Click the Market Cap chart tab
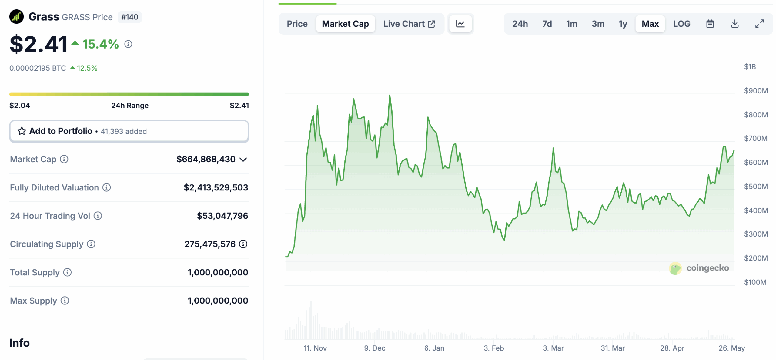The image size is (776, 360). [345, 24]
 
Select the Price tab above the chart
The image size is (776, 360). [297, 24]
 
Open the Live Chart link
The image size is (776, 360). [409, 24]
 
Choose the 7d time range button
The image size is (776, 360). [547, 24]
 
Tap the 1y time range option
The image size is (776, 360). [623, 24]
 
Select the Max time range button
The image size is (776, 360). [650, 24]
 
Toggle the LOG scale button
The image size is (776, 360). [681, 24]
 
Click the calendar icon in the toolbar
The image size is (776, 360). [710, 24]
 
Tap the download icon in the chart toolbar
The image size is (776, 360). [734, 24]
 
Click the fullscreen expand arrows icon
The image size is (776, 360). [759, 24]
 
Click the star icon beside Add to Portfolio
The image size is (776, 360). [22, 131]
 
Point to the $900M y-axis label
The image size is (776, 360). [756, 91]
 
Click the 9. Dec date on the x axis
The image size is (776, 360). [375, 348]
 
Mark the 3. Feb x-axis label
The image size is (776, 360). [493, 348]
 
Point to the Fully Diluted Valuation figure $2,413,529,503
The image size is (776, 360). [216, 187]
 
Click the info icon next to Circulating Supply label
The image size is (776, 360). [91, 244]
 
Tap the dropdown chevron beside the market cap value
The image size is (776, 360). [243, 159]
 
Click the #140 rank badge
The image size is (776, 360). [129, 17]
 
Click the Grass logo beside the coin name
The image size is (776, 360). [16, 17]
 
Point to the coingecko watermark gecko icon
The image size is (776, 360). [675, 268]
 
